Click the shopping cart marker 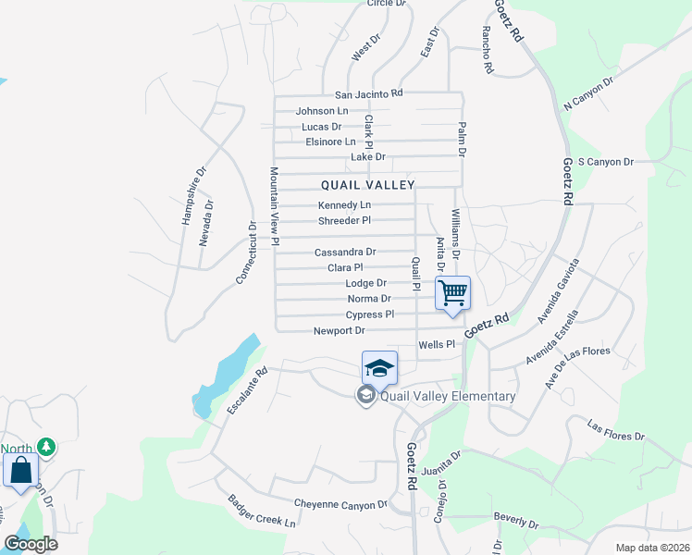point(453,293)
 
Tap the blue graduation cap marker point(379,368)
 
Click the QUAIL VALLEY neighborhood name point(368,185)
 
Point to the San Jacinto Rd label point(369,93)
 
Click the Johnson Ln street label point(322,111)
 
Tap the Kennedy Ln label point(344,204)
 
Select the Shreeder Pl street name point(344,220)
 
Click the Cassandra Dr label point(345,252)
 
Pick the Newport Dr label point(340,330)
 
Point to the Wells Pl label point(438,344)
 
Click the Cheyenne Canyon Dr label point(340,504)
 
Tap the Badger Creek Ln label point(262,511)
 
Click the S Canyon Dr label point(605,162)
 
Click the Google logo point(31,544)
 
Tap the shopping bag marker point(20,470)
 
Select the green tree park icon point(45,448)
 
